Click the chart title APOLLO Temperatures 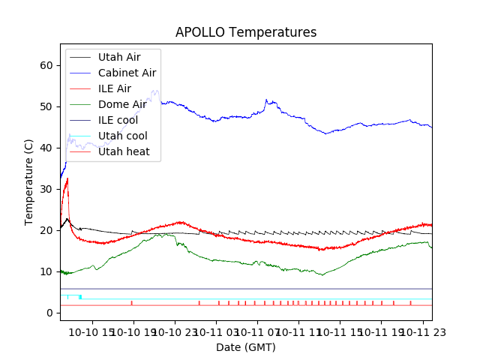(246, 32)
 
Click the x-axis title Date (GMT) (246, 347)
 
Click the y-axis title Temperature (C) (29, 181)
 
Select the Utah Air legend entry (118, 57)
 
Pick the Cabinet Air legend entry (127, 73)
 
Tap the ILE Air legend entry (114, 88)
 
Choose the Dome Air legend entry (122, 104)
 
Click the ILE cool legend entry (118, 120)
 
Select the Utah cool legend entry (122, 136)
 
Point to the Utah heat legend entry (124, 151)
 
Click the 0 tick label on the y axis (50, 313)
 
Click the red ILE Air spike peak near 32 (67, 178)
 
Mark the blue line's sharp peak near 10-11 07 (266, 99)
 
